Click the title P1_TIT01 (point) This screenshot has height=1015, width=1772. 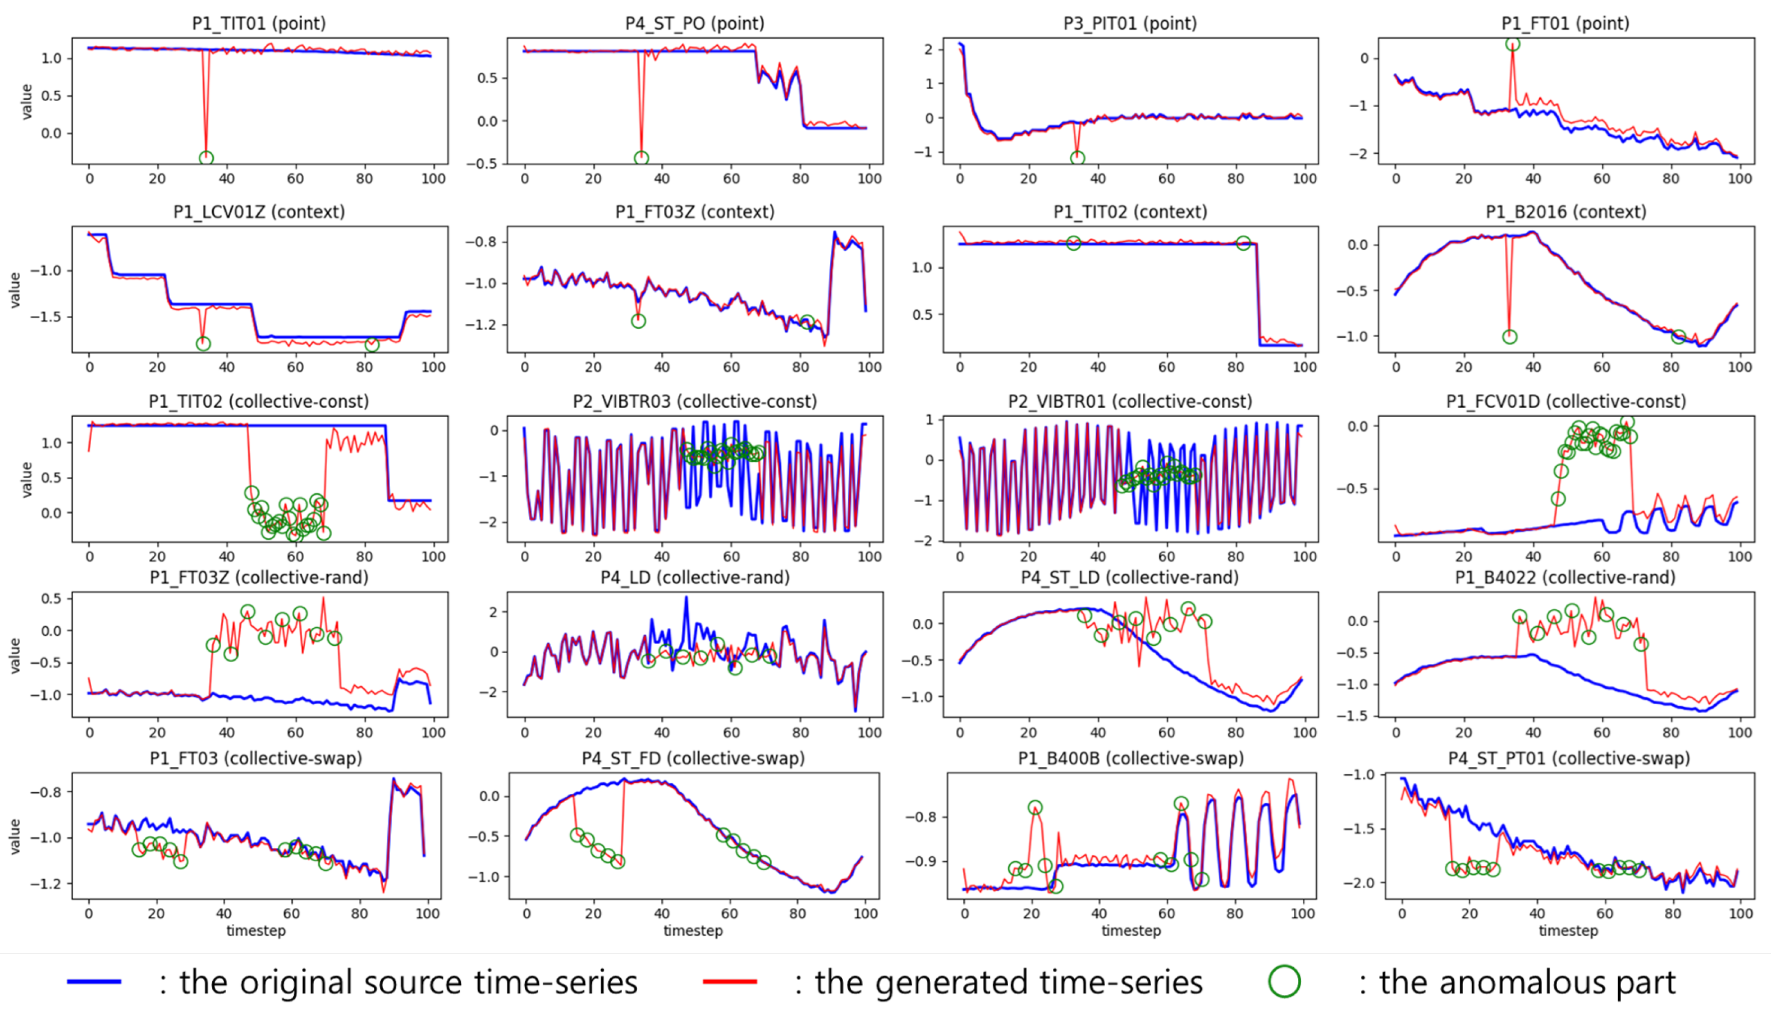259,23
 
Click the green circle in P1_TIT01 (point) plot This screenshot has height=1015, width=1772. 206,158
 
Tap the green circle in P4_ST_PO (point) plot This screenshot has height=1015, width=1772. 642,158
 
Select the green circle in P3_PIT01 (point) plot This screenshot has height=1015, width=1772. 1078,158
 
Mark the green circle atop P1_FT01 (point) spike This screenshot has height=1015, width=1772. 1512,44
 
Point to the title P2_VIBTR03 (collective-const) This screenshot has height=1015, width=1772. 694,402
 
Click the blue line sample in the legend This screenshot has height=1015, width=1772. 94,981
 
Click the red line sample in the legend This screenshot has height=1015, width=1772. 730,981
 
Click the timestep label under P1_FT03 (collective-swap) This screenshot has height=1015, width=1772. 256,931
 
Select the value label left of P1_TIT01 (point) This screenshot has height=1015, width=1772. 26,101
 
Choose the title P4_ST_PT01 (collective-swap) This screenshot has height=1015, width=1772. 1568,759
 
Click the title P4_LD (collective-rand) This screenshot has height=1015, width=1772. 694,577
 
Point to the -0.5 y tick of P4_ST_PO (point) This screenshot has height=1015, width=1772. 487,163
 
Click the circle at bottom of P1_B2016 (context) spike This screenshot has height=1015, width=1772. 1509,337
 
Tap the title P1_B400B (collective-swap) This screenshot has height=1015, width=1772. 1130,759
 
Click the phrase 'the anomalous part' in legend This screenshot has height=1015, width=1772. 1527,981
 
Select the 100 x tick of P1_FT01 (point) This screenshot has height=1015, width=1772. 1739,178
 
